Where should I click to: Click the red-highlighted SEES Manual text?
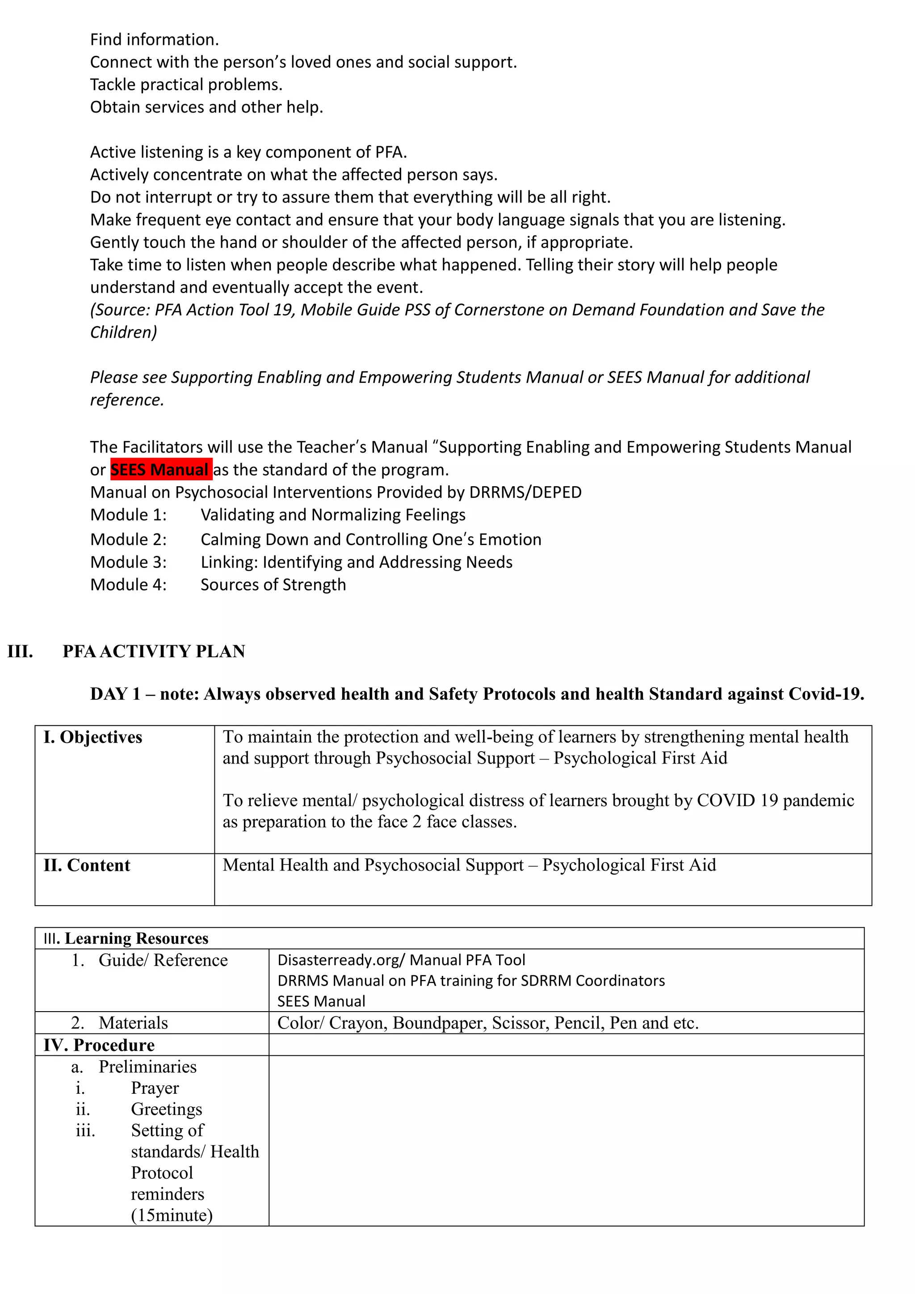click(x=160, y=470)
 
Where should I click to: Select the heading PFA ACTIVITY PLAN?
click(x=154, y=651)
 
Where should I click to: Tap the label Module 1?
click(x=129, y=515)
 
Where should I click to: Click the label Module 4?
click(x=129, y=584)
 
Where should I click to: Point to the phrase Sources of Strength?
click(x=273, y=584)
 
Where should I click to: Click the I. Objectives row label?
click(x=93, y=737)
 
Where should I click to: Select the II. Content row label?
click(x=87, y=865)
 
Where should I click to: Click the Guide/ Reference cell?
click(x=163, y=960)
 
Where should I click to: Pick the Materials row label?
click(x=133, y=1022)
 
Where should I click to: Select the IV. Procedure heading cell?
click(x=99, y=1045)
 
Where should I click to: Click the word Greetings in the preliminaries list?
click(x=166, y=1109)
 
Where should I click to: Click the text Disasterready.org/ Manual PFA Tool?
click(x=401, y=960)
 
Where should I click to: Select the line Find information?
click(x=155, y=39)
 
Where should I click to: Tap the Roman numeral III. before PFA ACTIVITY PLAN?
click(x=20, y=651)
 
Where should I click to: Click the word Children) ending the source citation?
click(x=123, y=332)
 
